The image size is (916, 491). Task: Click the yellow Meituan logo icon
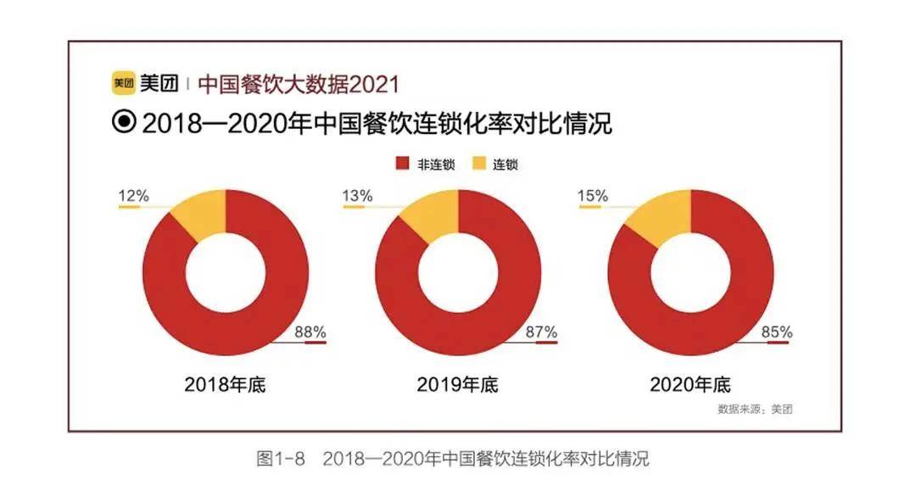coord(123,84)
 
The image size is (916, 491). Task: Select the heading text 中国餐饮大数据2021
coord(298,84)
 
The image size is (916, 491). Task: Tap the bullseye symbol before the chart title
coord(124,123)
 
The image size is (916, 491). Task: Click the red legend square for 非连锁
coord(402,164)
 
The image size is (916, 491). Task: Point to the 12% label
coord(133,196)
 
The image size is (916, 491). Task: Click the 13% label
coord(357,196)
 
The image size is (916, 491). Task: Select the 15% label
coord(592,196)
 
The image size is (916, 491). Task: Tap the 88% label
coord(310,332)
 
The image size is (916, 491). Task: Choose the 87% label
coord(542,332)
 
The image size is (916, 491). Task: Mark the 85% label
coord(775,332)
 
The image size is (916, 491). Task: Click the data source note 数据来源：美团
coord(754,409)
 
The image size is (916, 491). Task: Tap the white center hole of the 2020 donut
coord(690,273)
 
